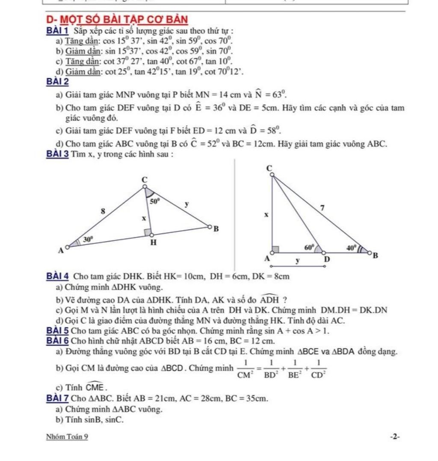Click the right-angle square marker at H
point(148,232)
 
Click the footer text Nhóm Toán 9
point(67,437)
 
